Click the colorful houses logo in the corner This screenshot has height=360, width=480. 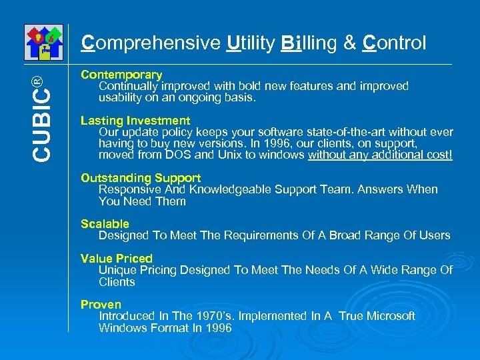coord(43,42)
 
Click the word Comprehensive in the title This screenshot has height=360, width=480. coord(151,43)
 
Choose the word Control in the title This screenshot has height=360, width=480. coord(394,43)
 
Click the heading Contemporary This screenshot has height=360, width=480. coord(121,75)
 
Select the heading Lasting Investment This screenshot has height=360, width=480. coord(135,121)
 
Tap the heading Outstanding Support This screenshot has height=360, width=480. coord(141,178)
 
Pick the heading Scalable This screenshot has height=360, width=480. coord(105,224)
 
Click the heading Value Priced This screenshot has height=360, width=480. coord(117,258)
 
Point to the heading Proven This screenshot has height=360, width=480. coord(101,305)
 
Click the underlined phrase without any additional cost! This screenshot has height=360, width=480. coord(380,155)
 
